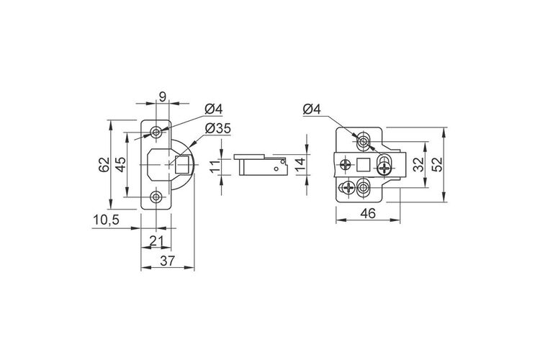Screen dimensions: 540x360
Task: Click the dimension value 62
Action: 104,165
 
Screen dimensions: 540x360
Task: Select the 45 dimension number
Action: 120,165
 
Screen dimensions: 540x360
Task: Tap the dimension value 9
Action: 162,96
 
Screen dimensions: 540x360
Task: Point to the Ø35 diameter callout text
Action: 217,128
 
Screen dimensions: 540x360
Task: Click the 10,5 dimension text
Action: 106,220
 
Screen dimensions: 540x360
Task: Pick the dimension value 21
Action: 156,240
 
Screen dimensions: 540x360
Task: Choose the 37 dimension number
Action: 168,261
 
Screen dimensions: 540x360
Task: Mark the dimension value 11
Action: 215,167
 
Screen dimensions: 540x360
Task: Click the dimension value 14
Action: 300,165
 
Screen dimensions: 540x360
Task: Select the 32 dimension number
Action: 419,165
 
